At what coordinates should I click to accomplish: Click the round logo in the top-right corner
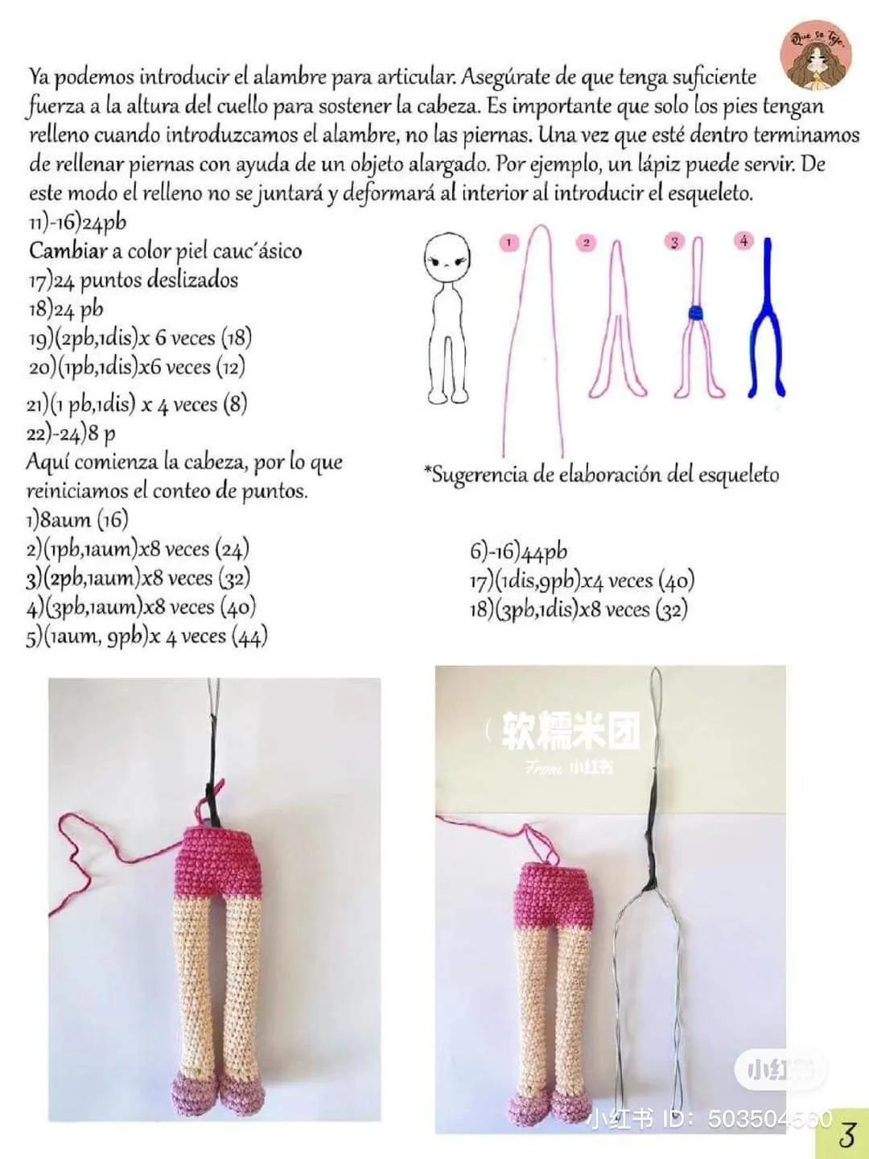click(817, 54)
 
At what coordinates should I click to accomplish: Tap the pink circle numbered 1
click(509, 241)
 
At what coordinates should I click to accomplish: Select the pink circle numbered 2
click(587, 242)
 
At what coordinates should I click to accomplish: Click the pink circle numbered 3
click(674, 241)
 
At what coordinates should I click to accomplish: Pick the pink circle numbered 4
click(743, 241)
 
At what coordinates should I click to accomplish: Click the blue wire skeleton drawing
click(768, 322)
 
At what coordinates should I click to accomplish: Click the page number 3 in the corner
click(846, 1134)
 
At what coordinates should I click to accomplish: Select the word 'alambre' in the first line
click(290, 77)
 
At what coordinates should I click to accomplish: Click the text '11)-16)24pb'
click(77, 222)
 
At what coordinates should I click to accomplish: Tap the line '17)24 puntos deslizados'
click(133, 280)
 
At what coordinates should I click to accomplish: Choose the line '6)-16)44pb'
click(518, 552)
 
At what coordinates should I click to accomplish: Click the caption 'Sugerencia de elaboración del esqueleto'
click(602, 474)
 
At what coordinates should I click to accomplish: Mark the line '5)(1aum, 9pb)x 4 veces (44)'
click(146, 637)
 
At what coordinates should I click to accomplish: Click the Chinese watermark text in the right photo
click(571, 731)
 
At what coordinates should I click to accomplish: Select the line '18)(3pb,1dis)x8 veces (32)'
click(579, 609)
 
